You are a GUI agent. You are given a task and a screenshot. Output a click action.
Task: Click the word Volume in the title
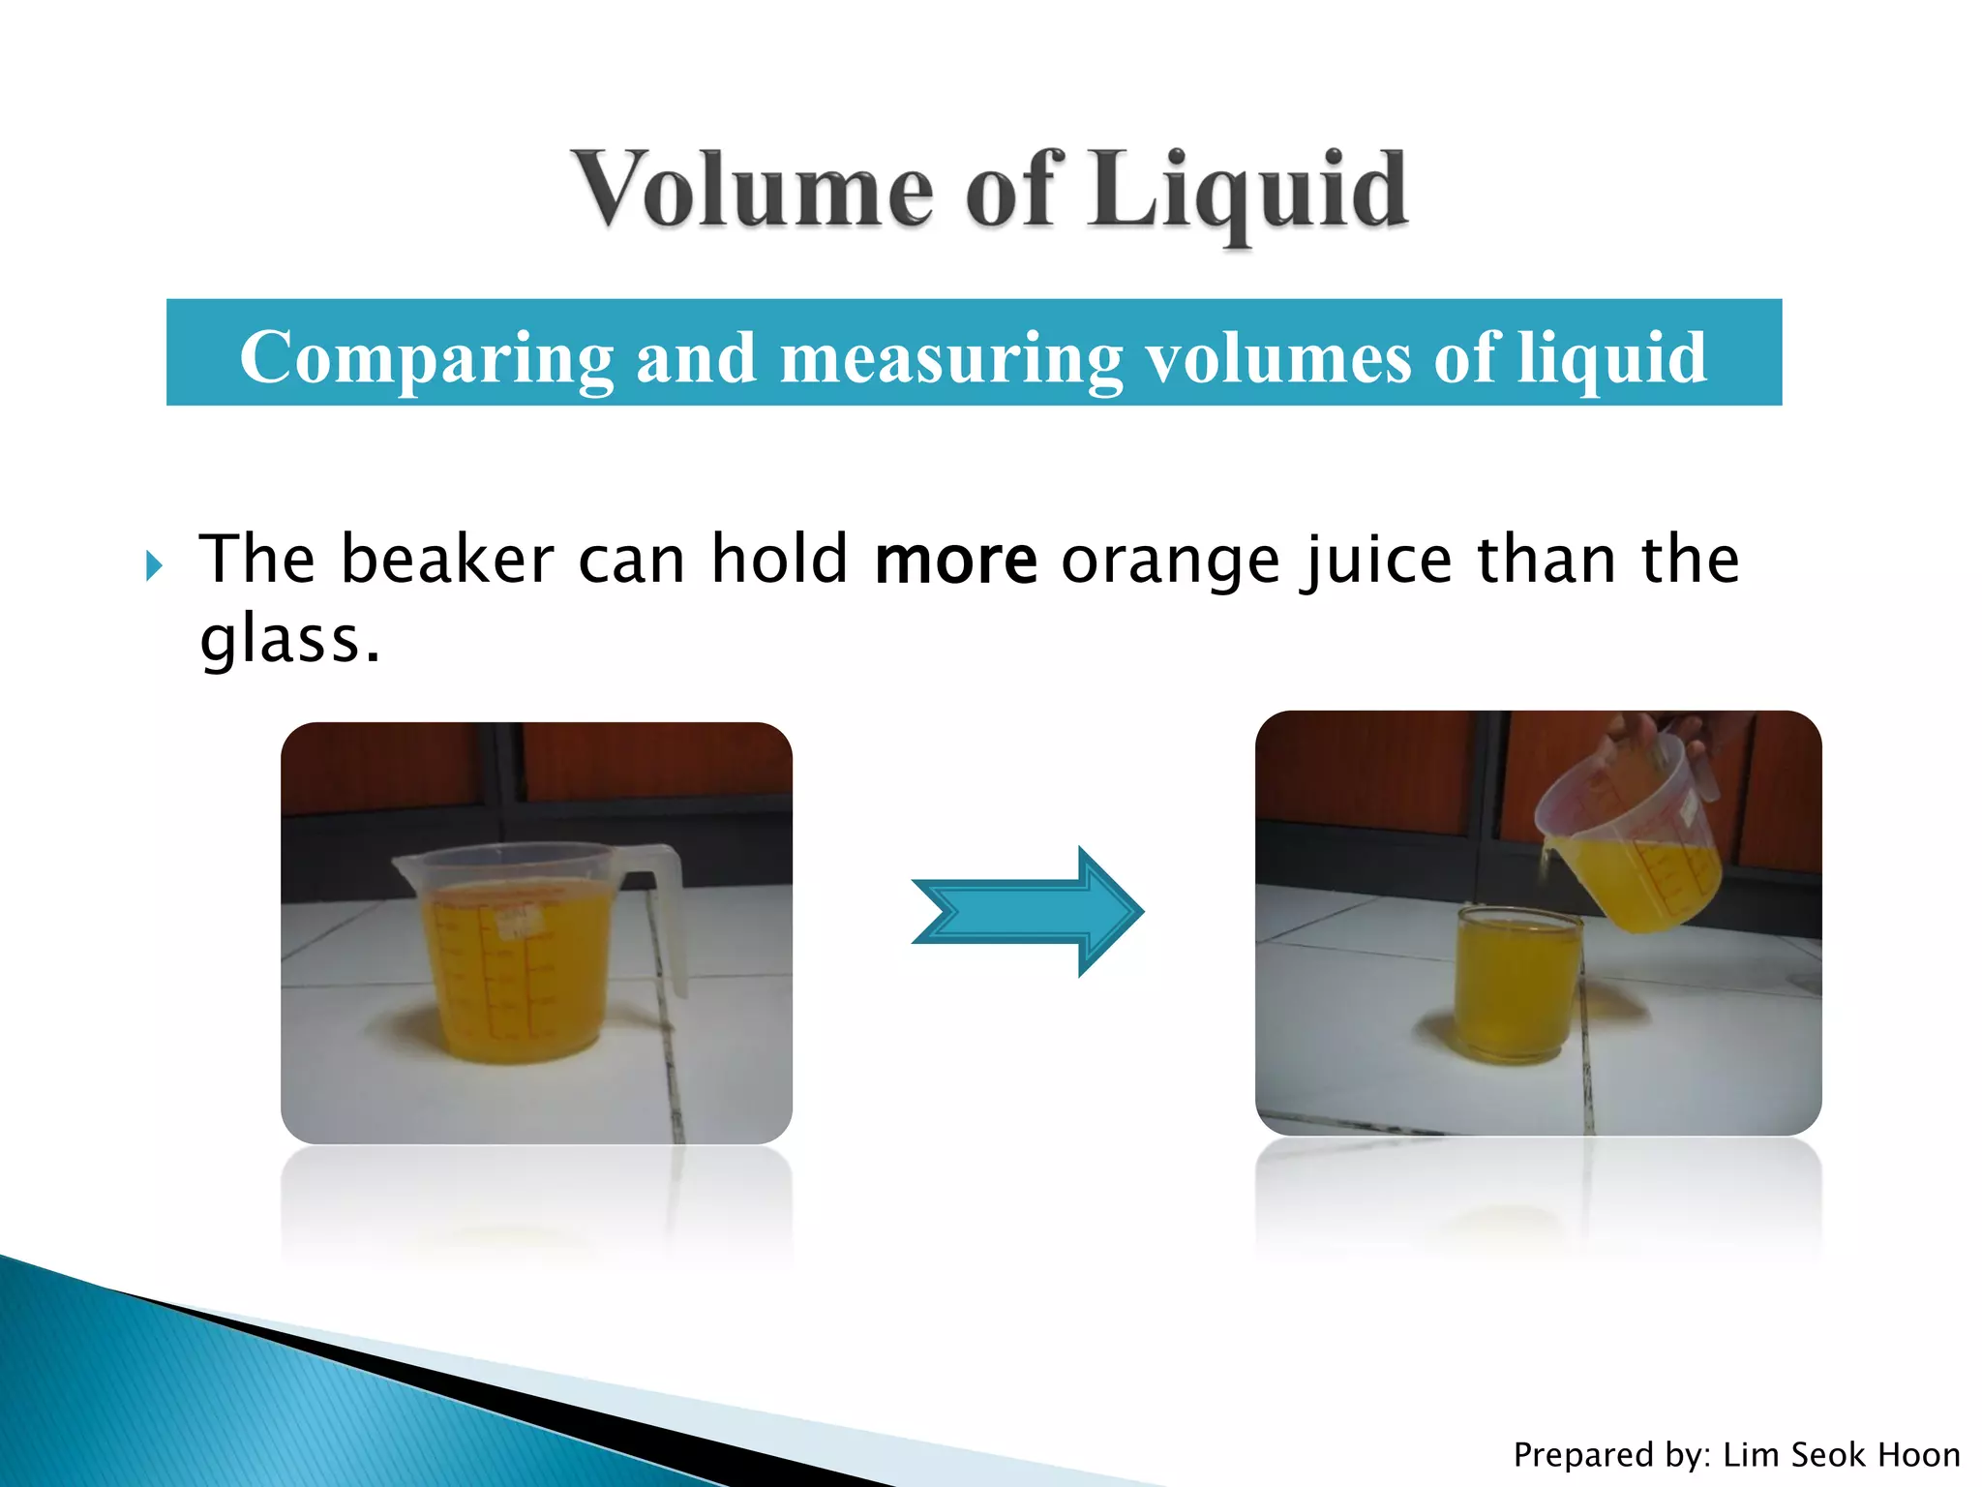[754, 191]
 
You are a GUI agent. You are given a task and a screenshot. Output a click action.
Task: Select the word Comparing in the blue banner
[426, 358]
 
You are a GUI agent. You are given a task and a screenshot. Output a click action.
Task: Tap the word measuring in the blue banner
[951, 358]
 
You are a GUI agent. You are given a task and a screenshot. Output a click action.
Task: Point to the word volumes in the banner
[1277, 358]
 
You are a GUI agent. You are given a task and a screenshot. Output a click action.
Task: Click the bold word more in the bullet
[955, 561]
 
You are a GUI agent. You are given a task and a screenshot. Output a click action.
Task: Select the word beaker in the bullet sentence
[447, 561]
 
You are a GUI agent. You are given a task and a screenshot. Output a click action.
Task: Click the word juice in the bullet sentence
[1376, 561]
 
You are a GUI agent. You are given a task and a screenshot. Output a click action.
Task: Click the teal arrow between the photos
[1028, 911]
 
